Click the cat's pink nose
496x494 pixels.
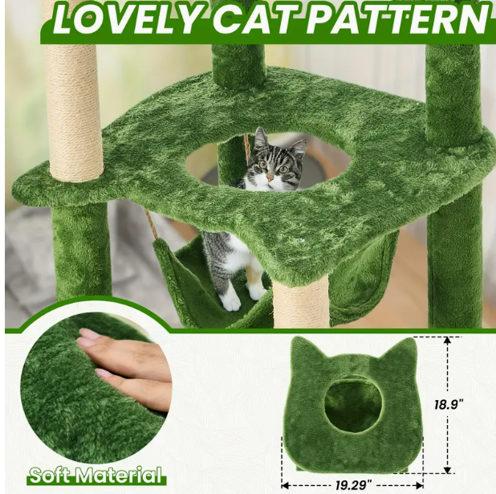(270, 177)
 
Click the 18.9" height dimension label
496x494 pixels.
(448, 404)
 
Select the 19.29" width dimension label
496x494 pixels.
(353, 485)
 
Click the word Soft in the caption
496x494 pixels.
(51, 476)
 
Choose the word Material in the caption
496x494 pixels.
(121, 476)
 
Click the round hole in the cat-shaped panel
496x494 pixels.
(352, 405)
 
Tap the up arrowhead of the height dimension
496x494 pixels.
(447, 341)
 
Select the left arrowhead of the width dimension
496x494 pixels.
(286, 485)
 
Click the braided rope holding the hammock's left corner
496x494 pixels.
(152, 226)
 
